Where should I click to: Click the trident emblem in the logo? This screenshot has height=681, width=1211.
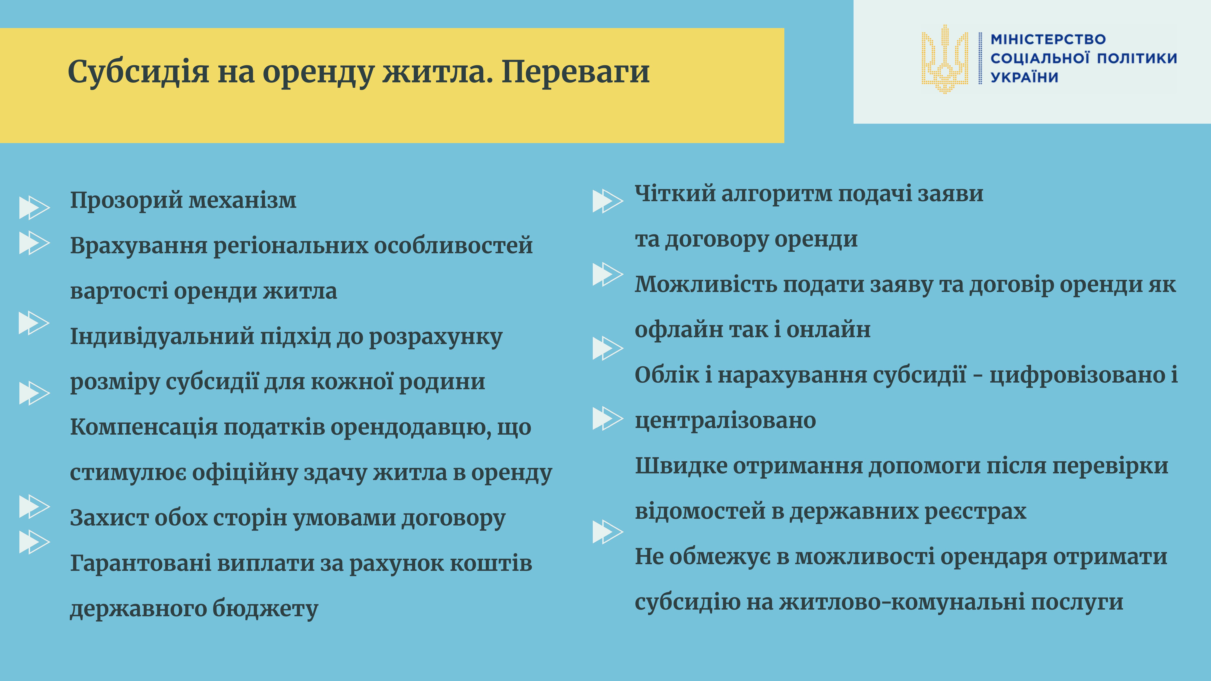point(945,59)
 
